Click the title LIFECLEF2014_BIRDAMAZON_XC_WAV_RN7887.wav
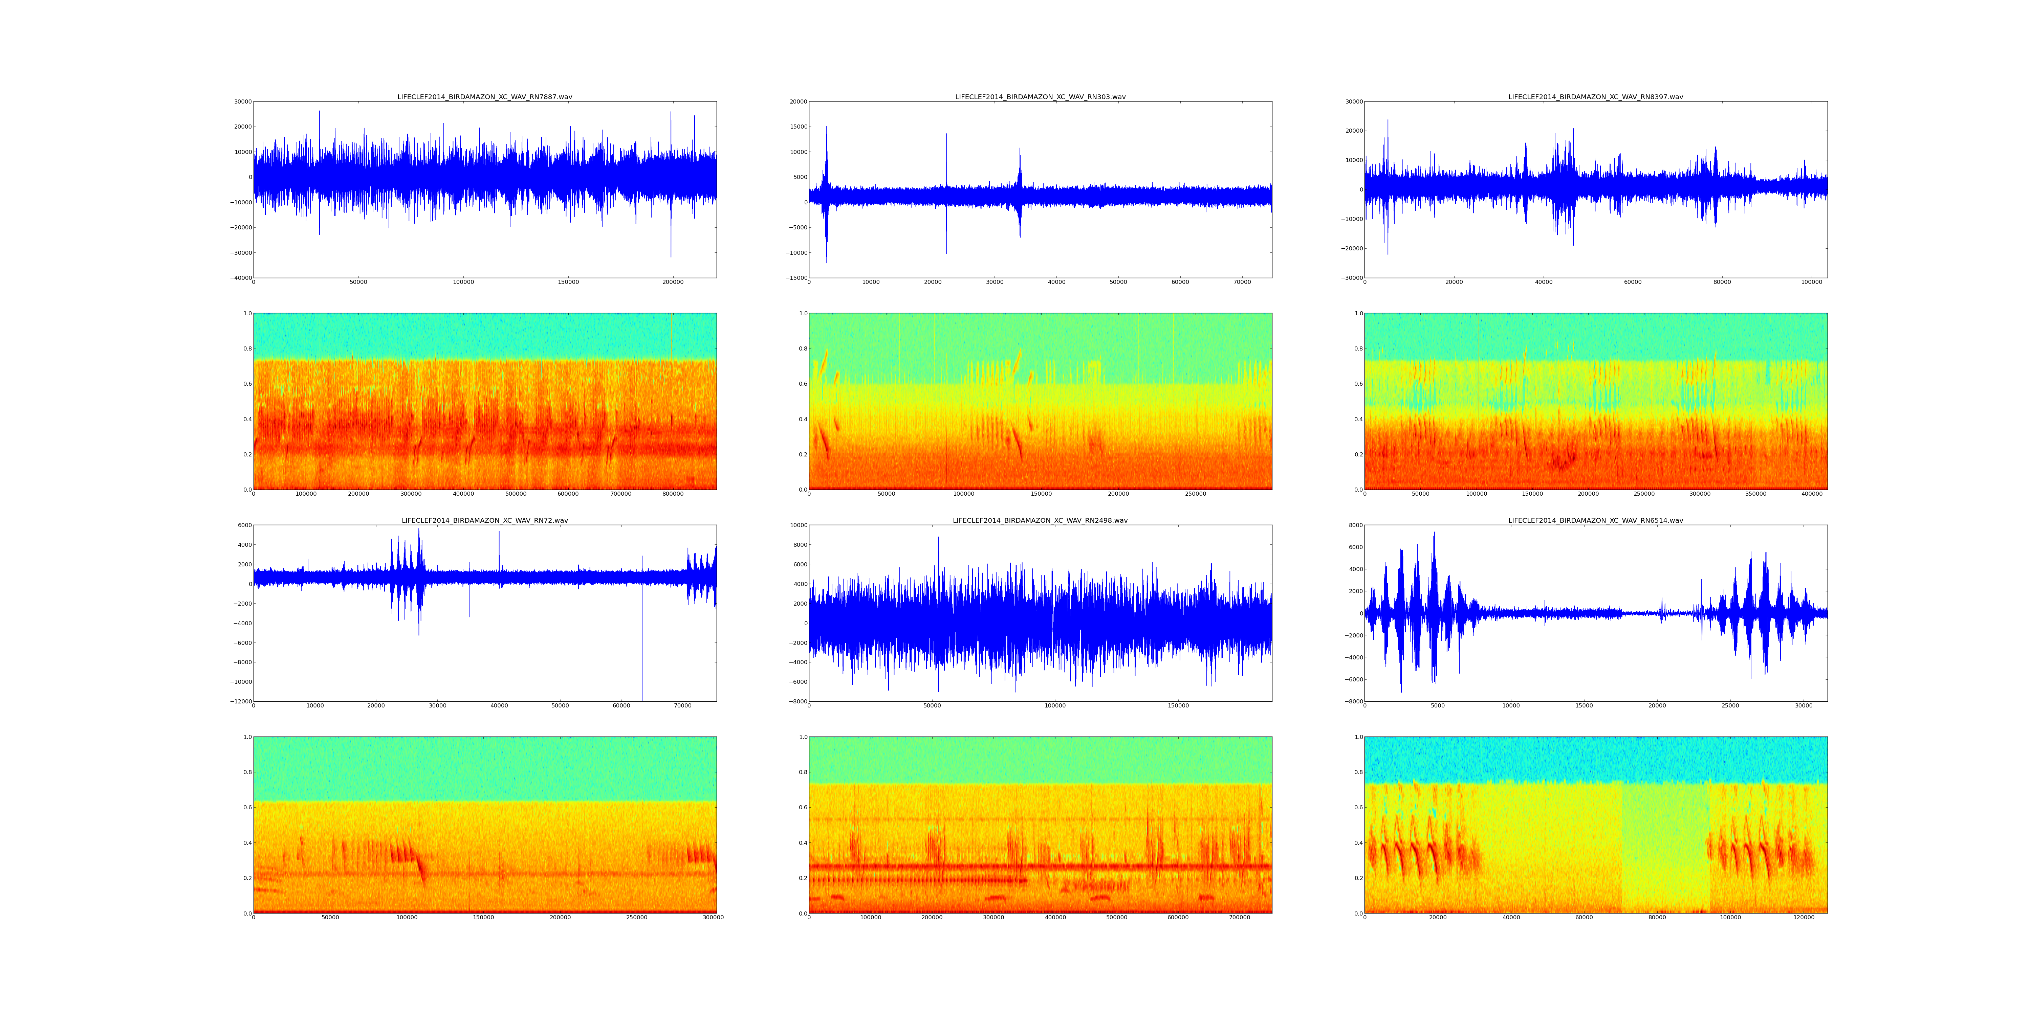coord(484,97)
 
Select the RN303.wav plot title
coord(1040,97)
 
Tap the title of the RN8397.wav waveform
coord(1595,97)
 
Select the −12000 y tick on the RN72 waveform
coord(240,701)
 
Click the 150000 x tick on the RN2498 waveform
coord(1178,706)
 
